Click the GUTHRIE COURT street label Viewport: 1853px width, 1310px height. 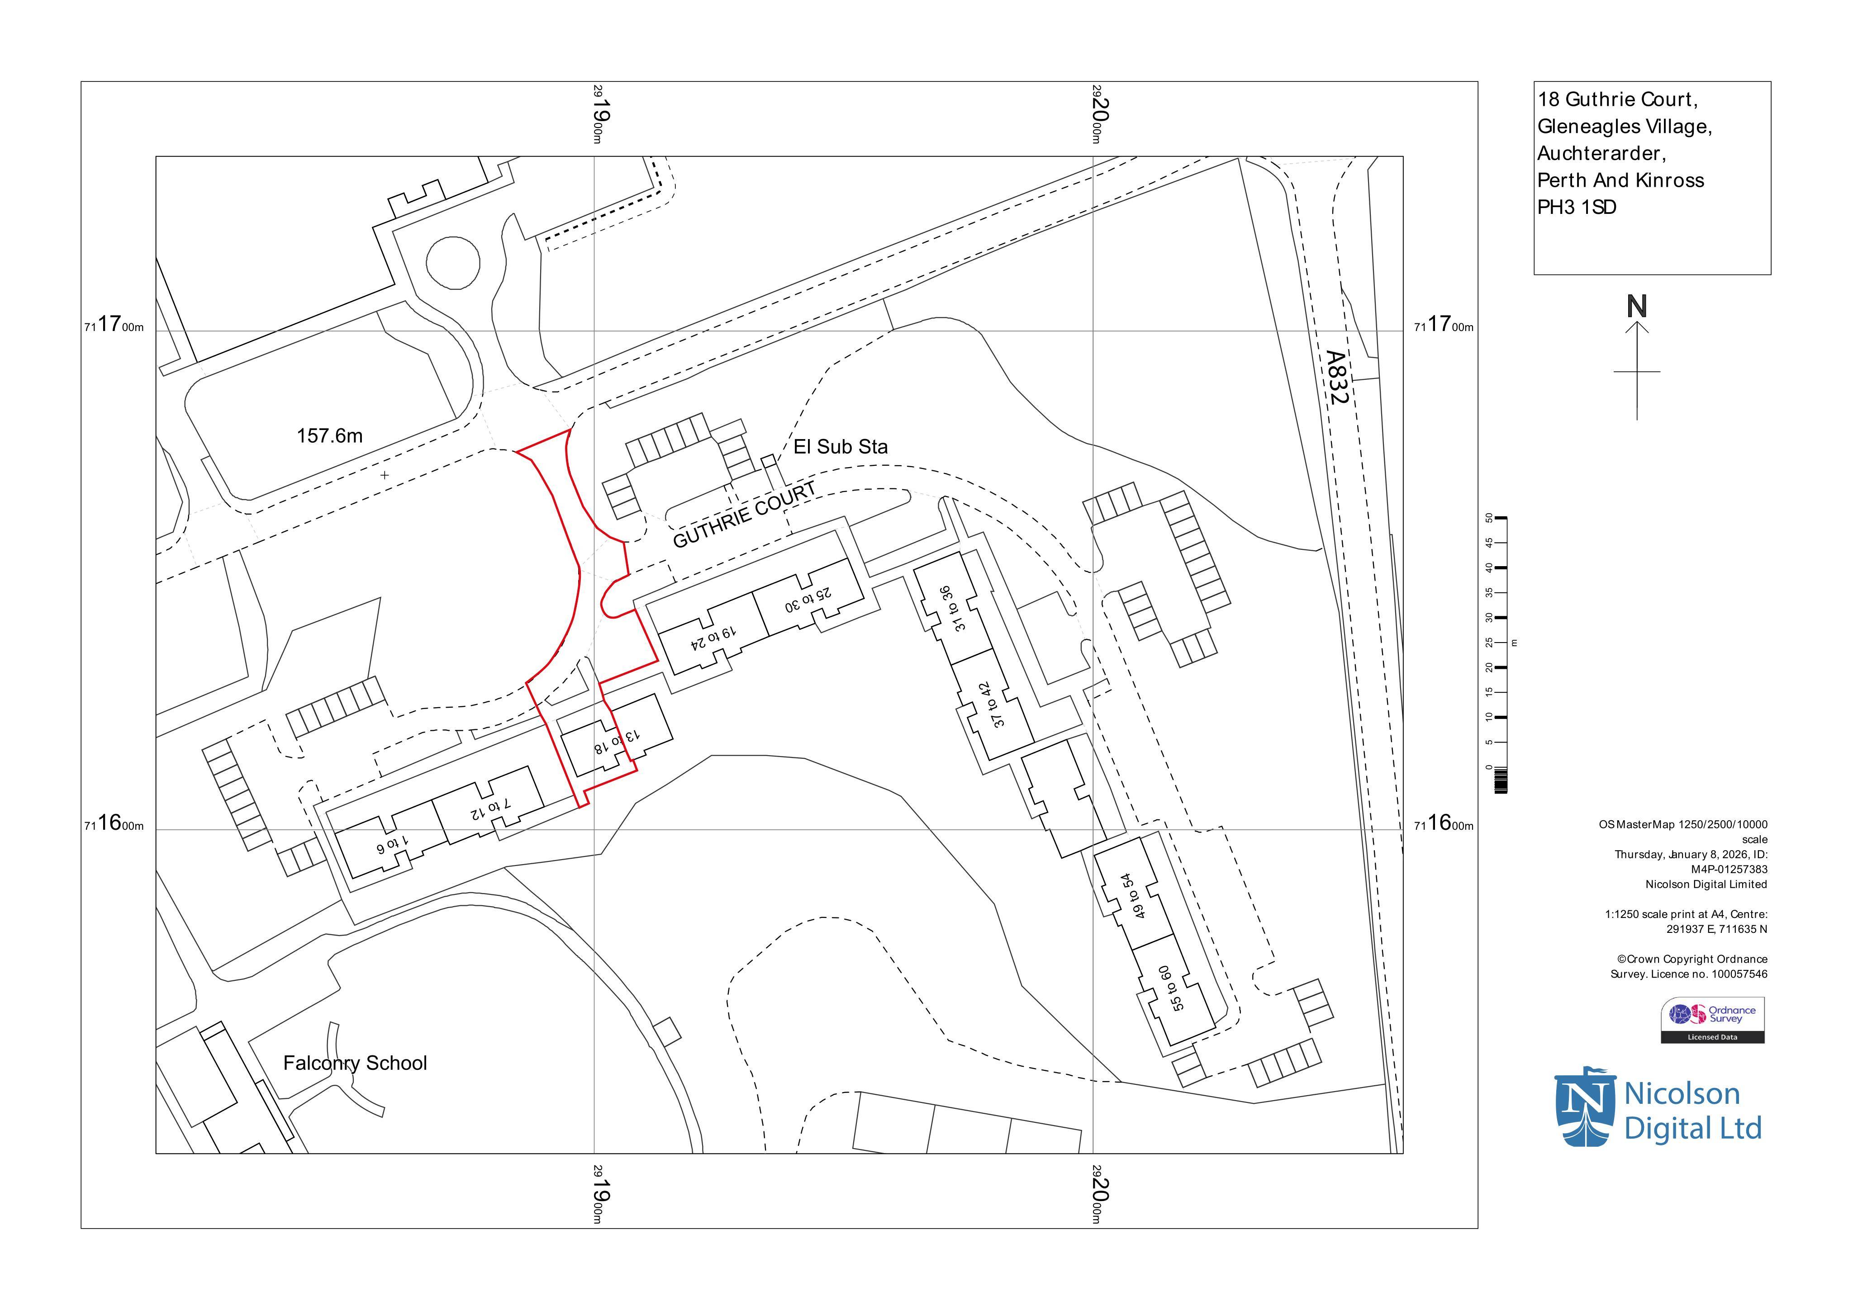pos(744,516)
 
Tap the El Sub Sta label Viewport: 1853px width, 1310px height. pos(840,447)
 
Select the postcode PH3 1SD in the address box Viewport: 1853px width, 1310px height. pos(1576,207)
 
